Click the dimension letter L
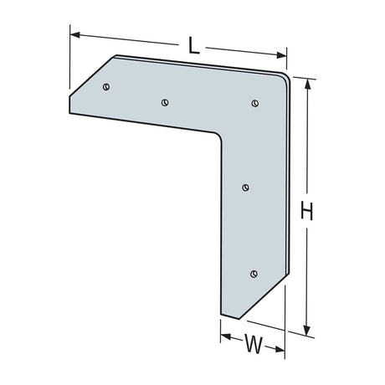click(x=193, y=47)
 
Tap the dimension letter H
click(x=307, y=212)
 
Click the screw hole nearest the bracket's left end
click(x=106, y=86)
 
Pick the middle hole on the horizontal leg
click(x=165, y=102)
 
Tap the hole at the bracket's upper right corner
click(x=254, y=103)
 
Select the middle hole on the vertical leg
click(x=245, y=187)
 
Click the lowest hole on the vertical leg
click(x=254, y=273)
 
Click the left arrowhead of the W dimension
click(x=224, y=336)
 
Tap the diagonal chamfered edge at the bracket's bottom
click(x=262, y=302)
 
